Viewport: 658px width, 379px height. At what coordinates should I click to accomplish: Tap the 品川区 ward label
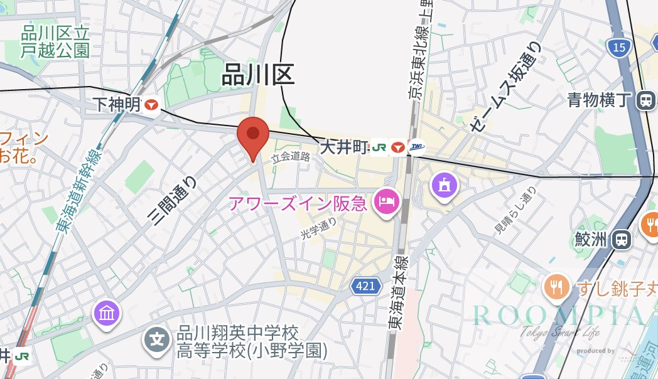tap(258, 75)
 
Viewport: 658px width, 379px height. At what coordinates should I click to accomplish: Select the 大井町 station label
tap(343, 147)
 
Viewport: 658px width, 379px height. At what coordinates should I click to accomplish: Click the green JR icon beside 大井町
tap(378, 147)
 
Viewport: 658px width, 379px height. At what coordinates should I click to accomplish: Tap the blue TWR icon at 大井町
tap(416, 147)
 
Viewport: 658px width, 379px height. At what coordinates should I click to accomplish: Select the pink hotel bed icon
tap(385, 202)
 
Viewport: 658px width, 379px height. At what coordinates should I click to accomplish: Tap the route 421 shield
tap(365, 286)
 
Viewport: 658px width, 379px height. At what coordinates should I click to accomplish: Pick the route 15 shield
tap(620, 47)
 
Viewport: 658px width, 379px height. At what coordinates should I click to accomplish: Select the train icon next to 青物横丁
tap(645, 100)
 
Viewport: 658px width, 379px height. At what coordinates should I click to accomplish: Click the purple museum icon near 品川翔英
tap(106, 312)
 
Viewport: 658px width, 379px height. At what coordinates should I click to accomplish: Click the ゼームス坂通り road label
tap(504, 87)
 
